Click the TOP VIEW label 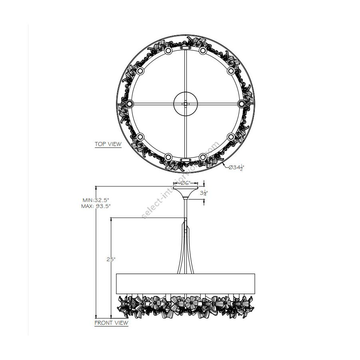pos(108,144)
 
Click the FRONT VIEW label pos(111,323)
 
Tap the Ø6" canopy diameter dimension pos(186,183)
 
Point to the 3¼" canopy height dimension pos(204,193)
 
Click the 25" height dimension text pos(111,260)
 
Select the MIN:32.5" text pos(96,200)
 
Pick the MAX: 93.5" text pos(96,206)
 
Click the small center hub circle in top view pos(186,104)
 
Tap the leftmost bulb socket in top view pos(130,104)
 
